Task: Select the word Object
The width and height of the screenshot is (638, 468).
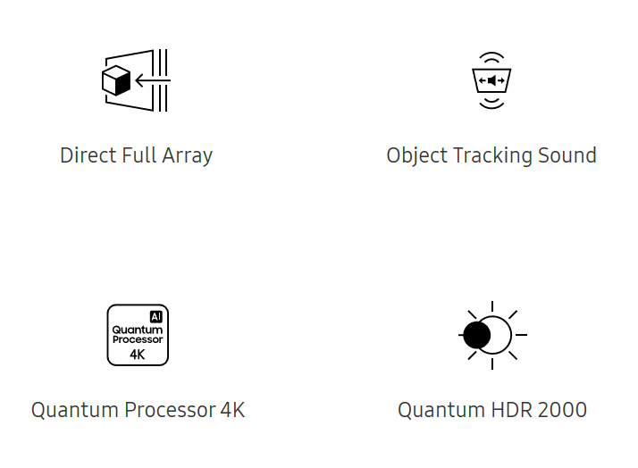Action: tap(417, 156)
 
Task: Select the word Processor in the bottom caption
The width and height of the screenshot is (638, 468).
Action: tap(170, 410)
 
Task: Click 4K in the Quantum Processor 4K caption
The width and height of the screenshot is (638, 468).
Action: tap(232, 410)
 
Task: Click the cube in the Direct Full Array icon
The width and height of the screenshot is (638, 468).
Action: tap(116, 80)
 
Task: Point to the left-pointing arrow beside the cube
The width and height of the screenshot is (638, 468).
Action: tap(153, 80)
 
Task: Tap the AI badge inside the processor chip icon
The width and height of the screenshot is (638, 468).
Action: tap(156, 317)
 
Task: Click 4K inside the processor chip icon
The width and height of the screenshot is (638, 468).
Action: tap(138, 355)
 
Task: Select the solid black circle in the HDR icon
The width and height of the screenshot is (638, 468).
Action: tap(477, 335)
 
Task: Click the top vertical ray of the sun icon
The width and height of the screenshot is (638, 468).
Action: tap(492, 306)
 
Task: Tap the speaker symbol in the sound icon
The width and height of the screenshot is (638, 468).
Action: tap(491, 80)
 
